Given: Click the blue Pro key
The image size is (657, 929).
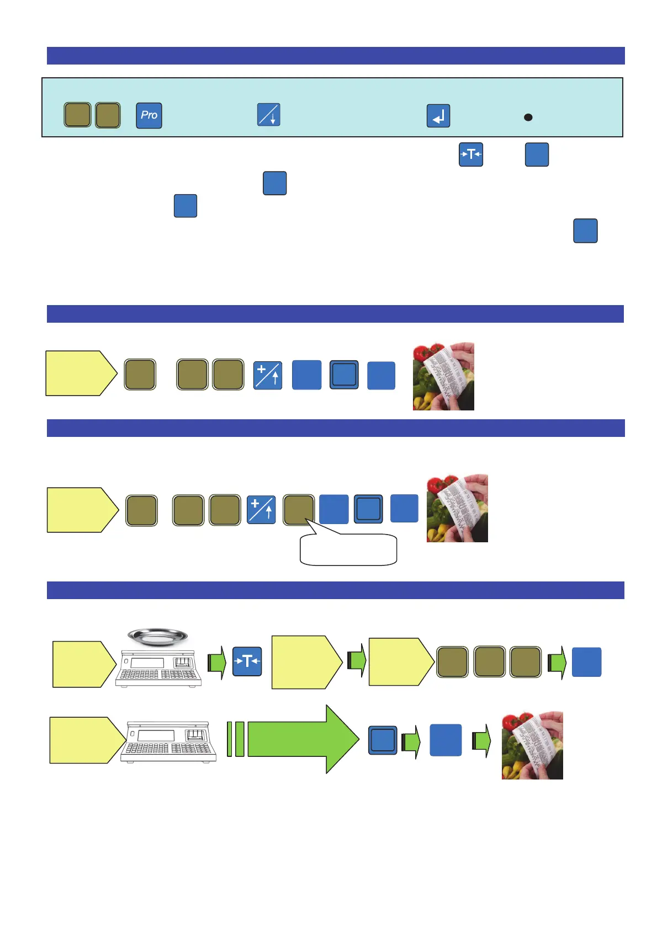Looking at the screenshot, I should point(149,115).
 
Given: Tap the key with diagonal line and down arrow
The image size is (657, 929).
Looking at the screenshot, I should point(269,115).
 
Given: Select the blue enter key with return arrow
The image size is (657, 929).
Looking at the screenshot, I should point(438,116).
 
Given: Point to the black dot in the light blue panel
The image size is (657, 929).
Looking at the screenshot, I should point(528,118).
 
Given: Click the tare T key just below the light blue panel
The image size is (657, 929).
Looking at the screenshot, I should point(471,154).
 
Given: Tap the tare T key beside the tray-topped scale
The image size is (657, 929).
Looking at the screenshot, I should point(247,661).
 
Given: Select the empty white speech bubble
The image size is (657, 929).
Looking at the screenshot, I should point(348,550).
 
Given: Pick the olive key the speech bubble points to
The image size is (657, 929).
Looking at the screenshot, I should point(299,510).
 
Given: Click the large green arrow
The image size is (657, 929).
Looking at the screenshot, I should point(303,739).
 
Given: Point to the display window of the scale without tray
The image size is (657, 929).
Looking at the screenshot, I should point(155,735).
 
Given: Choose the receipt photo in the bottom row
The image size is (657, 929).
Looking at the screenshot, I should point(532,745).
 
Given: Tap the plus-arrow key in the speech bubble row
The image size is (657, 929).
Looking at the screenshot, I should point(261,510).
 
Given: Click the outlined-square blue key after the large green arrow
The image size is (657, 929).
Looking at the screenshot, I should point(383,740).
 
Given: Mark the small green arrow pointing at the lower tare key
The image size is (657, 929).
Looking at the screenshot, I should point(217,662).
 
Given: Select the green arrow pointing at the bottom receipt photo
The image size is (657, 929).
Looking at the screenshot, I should point(481,741).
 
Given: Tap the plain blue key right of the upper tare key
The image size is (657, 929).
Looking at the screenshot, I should point(537,154).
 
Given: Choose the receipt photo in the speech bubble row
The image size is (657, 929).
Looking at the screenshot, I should point(457,508).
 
